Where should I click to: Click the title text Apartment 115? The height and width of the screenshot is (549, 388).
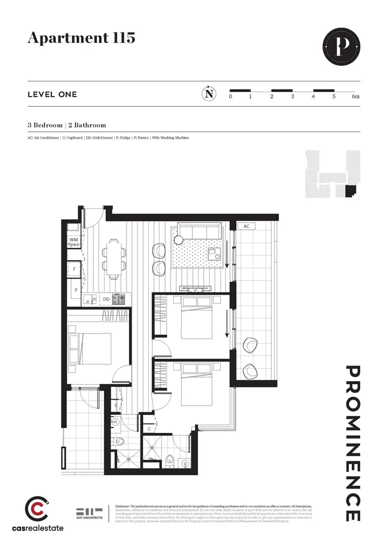pyautogui.click(x=81, y=38)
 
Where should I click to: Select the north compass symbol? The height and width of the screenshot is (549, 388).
pyautogui.click(x=208, y=94)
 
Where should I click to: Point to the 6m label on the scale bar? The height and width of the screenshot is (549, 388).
pyautogui.click(x=355, y=97)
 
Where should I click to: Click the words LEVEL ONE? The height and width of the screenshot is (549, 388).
pyautogui.click(x=52, y=95)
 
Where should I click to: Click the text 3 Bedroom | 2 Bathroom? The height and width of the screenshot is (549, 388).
pyautogui.click(x=67, y=125)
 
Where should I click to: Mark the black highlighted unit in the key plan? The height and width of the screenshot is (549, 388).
pyautogui.click(x=350, y=191)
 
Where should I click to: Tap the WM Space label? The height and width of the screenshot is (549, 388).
pyautogui.click(x=74, y=242)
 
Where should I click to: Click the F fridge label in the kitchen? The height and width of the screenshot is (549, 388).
pyautogui.click(x=74, y=268)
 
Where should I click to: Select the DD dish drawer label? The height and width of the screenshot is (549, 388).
pyautogui.click(x=106, y=300)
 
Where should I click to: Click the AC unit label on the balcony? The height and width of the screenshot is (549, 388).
pyautogui.click(x=246, y=226)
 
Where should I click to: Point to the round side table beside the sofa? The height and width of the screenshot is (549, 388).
pyautogui.click(x=178, y=240)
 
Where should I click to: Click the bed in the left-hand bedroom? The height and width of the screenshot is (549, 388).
pyautogui.click(x=91, y=349)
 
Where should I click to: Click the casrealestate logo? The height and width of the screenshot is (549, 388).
pyautogui.click(x=45, y=514)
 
